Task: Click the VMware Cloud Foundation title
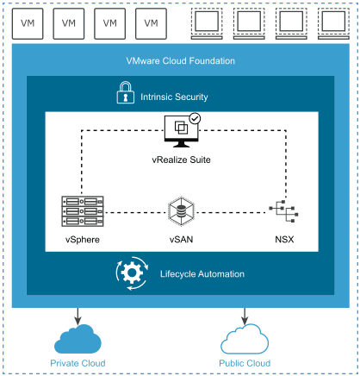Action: (180, 61)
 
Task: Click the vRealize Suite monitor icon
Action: (180, 131)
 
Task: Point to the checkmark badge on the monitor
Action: (195, 119)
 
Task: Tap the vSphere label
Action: (83, 237)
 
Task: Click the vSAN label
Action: (180, 237)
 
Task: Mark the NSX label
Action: (281, 237)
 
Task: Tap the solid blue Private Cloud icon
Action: (78, 337)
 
